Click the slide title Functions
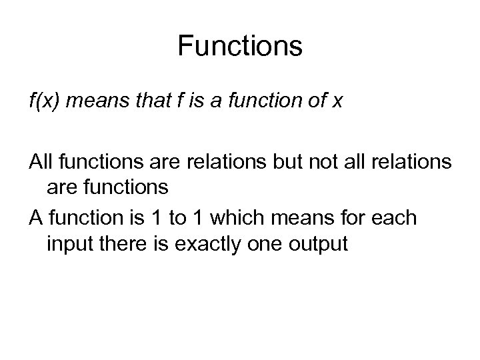240,47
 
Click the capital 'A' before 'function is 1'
35,218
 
